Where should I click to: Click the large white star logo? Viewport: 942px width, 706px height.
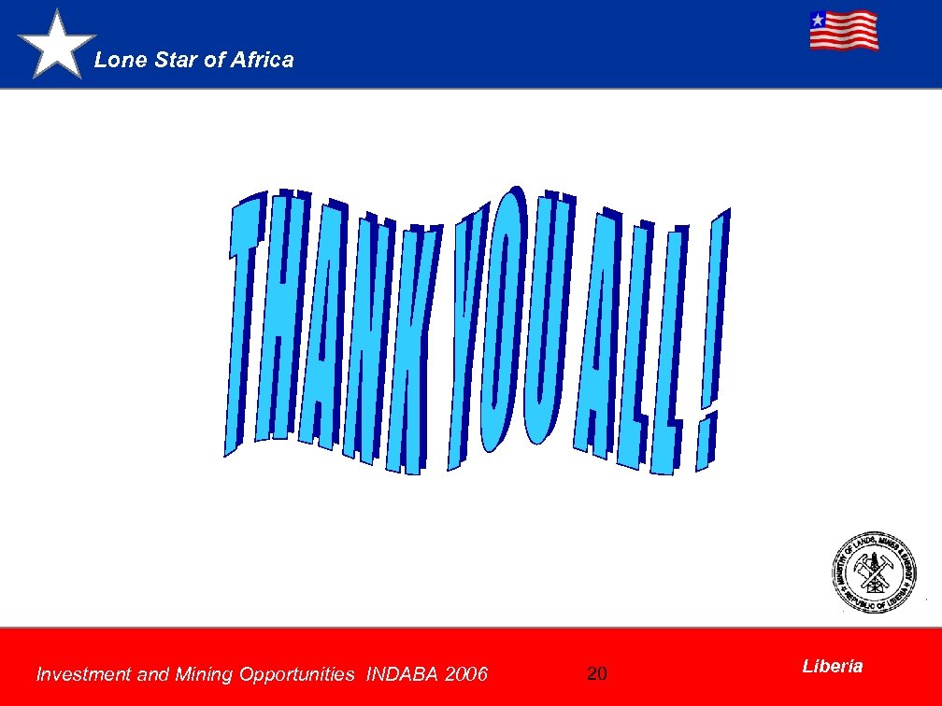[57, 45]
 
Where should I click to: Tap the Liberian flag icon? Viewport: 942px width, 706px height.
[843, 30]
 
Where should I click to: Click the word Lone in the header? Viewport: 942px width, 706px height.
[114, 60]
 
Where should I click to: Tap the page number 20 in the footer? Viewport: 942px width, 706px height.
[597, 673]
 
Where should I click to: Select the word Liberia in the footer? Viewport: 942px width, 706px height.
[832, 666]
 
